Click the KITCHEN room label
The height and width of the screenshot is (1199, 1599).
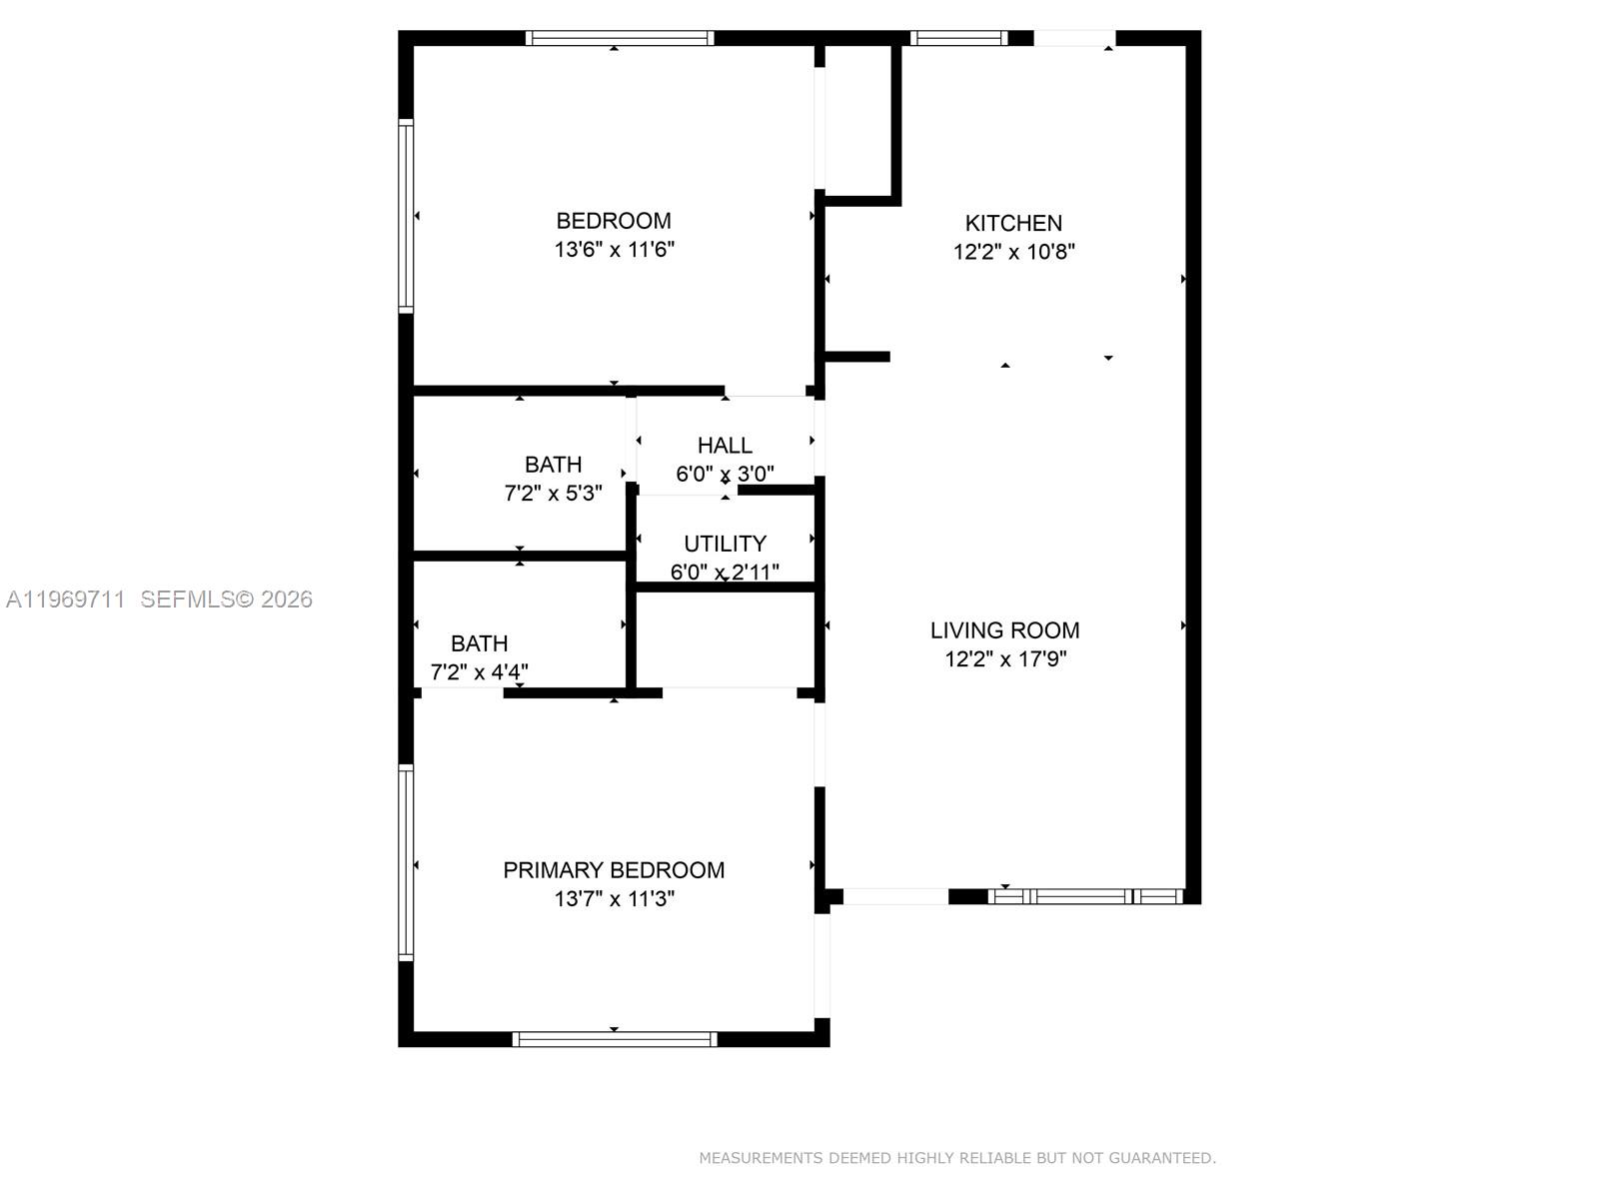[1013, 223]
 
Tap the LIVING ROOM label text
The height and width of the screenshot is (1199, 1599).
[1004, 630]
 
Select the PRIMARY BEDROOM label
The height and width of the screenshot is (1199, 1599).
[614, 870]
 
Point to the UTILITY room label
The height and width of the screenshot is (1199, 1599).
[725, 544]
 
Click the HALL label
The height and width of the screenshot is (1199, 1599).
[725, 446]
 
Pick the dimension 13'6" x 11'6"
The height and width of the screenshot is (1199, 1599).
[615, 250]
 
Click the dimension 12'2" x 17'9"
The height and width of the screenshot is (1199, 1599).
[1005, 659]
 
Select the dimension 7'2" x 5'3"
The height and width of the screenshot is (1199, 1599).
[553, 494]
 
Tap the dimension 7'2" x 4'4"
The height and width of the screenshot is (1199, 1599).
[479, 672]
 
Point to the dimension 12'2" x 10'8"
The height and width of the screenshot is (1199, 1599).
[1013, 252]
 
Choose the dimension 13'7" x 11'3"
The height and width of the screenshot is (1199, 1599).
[615, 899]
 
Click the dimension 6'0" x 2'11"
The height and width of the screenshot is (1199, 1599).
[725, 573]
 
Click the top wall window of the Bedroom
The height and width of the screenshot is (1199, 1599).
[620, 39]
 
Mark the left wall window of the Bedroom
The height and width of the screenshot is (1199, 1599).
[406, 216]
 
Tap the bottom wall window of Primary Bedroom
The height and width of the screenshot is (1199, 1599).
[615, 1039]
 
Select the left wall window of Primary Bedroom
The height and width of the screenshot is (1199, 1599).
[406, 862]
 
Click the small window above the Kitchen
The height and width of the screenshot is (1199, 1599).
[958, 39]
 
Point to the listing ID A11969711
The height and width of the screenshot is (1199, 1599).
[66, 599]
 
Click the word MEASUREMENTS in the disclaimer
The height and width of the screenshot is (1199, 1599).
[761, 1158]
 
